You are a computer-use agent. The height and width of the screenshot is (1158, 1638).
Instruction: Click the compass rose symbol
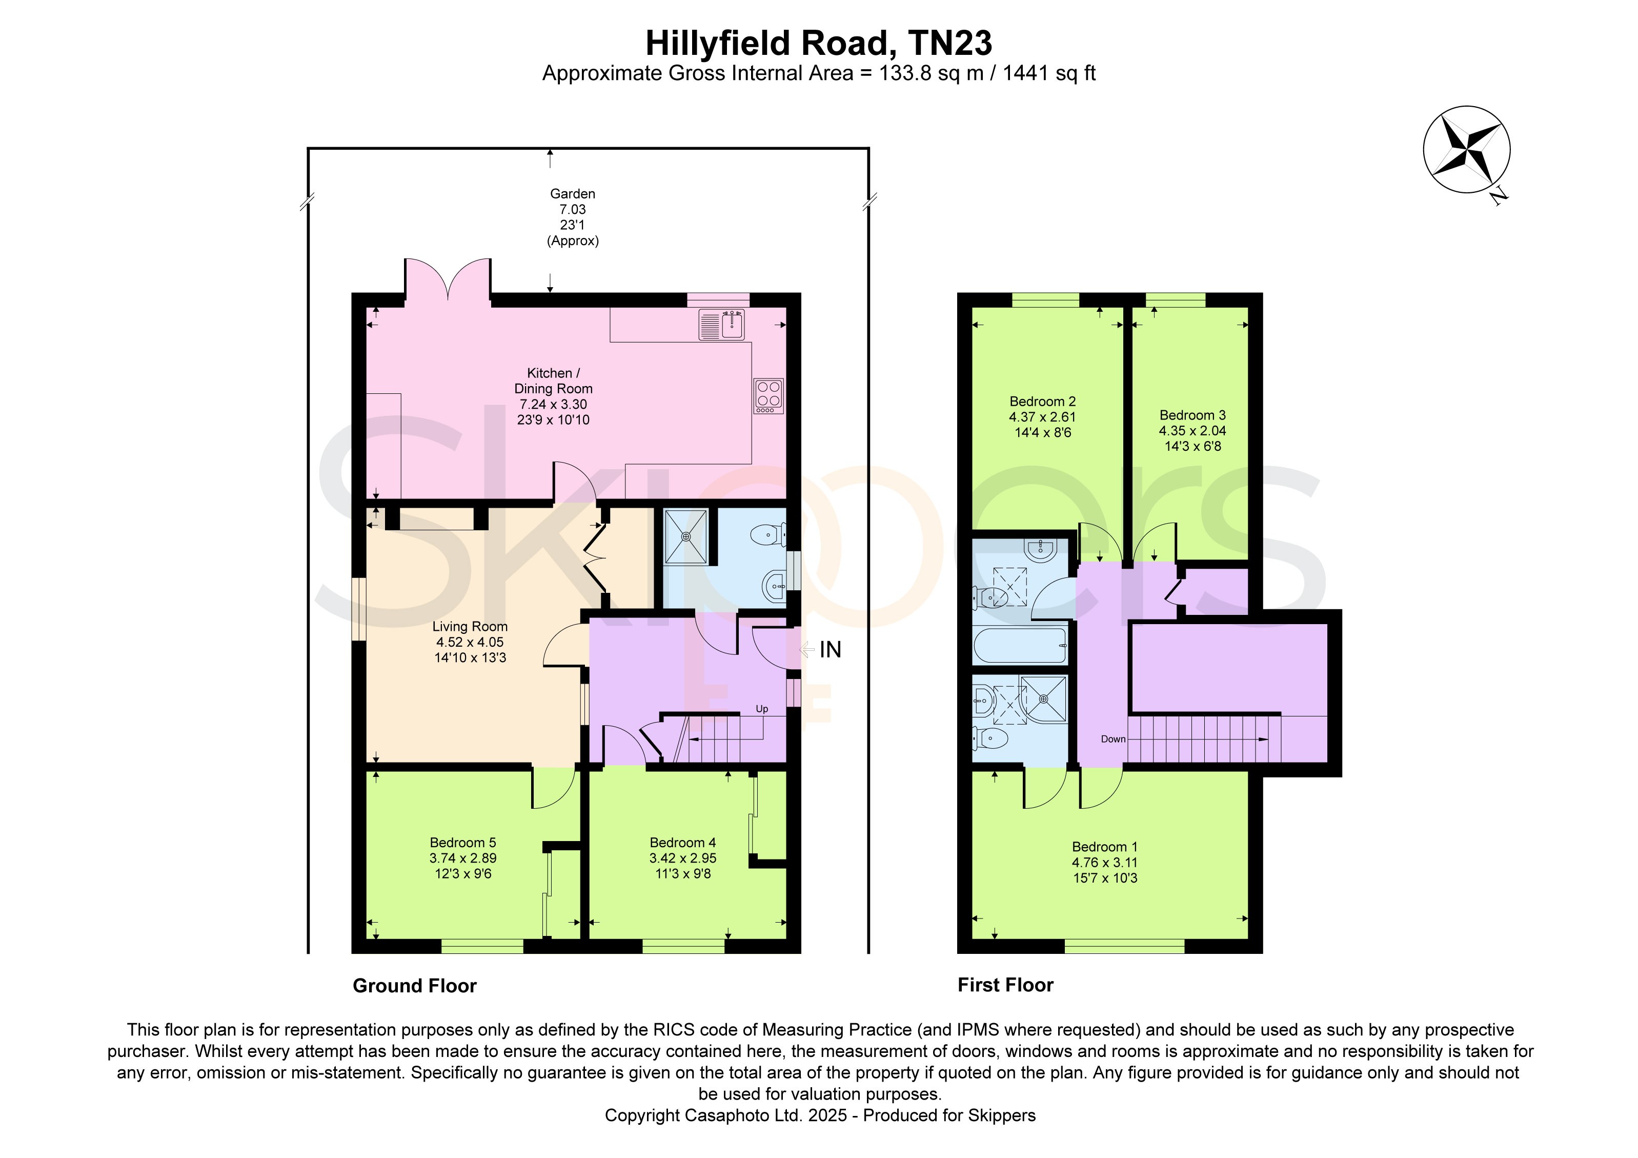(x=1467, y=150)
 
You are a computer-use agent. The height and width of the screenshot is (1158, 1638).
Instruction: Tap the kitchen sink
(x=722, y=325)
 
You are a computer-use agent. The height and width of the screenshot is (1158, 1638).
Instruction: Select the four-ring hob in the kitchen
(x=769, y=396)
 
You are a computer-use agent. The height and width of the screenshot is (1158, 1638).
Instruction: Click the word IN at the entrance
(x=831, y=649)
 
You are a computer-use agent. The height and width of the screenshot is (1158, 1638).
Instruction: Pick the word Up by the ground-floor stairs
(x=762, y=709)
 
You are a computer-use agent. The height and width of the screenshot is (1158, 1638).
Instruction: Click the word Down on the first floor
(x=1113, y=739)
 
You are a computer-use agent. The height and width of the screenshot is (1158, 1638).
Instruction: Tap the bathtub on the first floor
(x=1021, y=645)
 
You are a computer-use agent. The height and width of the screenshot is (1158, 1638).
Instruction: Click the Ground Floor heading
(x=414, y=986)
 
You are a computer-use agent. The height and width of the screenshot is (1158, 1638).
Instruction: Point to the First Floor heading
(x=1005, y=985)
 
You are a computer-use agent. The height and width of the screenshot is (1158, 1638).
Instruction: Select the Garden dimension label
(x=573, y=217)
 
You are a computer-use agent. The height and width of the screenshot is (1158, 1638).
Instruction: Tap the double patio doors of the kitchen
(x=448, y=279)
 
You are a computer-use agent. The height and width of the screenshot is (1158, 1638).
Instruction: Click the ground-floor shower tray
(x=686, y=536)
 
